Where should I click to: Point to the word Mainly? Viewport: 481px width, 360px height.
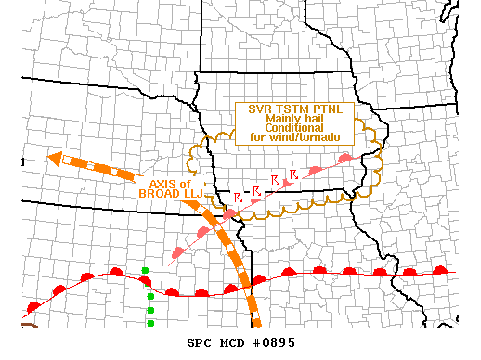click(282, 119)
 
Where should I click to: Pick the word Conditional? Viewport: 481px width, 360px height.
click(293, 128)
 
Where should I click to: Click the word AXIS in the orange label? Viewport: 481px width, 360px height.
click(162, 184)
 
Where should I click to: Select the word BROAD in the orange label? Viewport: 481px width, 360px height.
click(157, 194)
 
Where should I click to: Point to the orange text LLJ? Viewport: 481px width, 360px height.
click(190, 194)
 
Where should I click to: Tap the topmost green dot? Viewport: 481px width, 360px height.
click(145, 271)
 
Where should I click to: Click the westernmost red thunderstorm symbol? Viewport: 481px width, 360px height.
click(239, 197)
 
